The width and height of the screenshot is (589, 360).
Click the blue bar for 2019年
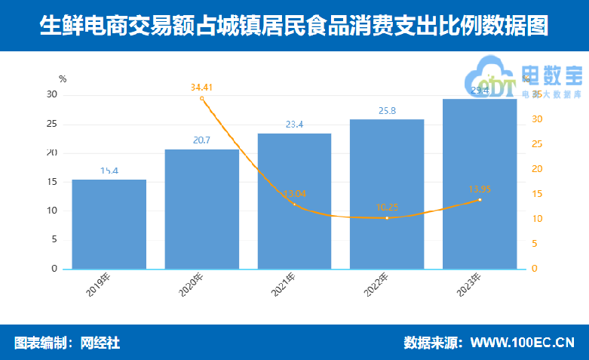(x=109, y=224)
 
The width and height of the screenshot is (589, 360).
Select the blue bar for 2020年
(x=202, y=209)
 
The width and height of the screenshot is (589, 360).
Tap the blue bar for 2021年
(x=294, y=201)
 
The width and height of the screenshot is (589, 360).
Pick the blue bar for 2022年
(x=387, y=194)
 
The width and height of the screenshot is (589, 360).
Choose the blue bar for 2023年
(x=480, y=183)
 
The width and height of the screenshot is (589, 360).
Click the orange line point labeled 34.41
(x=202, y=98)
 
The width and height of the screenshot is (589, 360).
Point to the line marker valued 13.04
(x=294, y=204)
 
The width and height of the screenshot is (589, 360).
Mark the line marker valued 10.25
(x=387, y=218)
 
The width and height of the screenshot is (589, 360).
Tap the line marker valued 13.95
(x=480, y=199)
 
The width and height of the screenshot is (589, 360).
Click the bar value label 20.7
(x=202, y=140)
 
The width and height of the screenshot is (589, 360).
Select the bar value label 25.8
(x=387, y=111)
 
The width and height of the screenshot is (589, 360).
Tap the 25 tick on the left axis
(x=53, y=124)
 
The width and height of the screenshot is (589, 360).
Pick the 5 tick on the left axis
(x=54, y=239)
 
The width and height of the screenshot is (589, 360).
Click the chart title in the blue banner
(x=294, y=26)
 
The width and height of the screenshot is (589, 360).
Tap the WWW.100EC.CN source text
(x=522, y=343)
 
